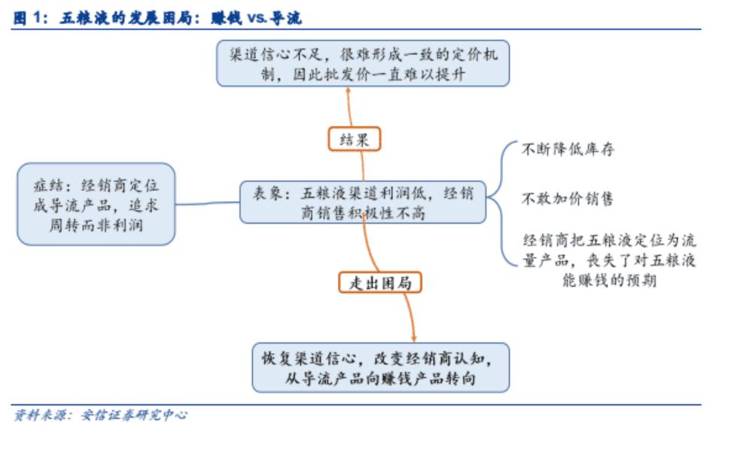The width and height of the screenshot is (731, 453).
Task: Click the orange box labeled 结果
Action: [355, 139]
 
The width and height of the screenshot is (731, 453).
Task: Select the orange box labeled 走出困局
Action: [380, 282]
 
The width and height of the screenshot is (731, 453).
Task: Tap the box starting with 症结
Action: [96, 204]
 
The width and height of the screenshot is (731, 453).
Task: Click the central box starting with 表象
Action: [363, 202]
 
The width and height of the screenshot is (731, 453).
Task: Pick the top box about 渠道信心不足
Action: [363, 63]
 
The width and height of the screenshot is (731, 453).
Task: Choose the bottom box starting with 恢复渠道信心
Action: [380, 368]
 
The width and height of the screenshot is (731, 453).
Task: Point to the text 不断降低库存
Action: [568, 149]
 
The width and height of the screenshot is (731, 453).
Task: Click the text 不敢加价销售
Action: [568, 199]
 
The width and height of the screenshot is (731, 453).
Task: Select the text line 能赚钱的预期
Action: [609, 280]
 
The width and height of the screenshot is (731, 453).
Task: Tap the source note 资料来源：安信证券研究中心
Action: [100, 415]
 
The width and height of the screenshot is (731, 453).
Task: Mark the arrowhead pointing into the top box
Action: [348, 90]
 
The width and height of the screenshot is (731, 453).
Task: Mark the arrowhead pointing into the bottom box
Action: [413, 339]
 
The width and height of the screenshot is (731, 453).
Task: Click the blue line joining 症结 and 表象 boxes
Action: [208, 203]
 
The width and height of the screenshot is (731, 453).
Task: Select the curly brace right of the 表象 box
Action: [501, 203]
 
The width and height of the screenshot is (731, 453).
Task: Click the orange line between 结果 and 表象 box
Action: [363, 166]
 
